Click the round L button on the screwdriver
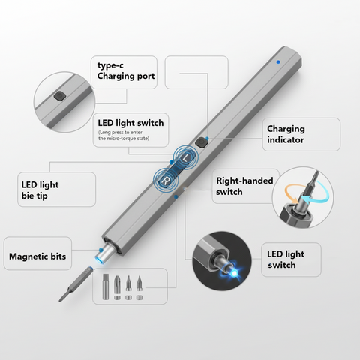tap(186, 157)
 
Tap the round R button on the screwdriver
tap(165, 180)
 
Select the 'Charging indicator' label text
tap(286, 134)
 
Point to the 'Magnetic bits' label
tap(37, 256)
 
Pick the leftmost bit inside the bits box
tap(104, 287)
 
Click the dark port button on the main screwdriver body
tap(200, 141)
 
